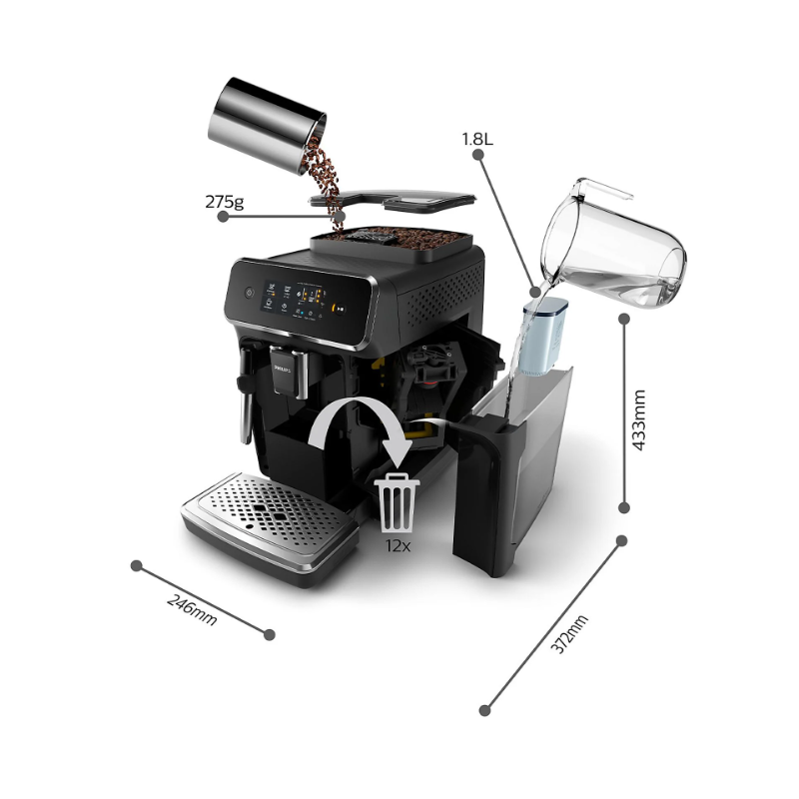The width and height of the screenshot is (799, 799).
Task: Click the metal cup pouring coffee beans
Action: click(x=267, y=125)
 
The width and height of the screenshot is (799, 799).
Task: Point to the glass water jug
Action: click(x=614, y=245)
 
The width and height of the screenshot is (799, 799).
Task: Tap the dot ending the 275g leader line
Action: click(x=340, y=214)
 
